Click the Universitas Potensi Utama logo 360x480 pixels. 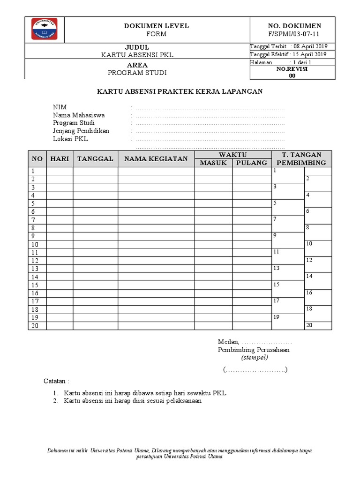[x=44, y=29]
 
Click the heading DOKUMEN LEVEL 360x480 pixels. [x=156, y=26]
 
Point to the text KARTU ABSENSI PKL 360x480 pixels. [x=137, y=55]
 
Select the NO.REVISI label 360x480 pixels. [x=292, y=69]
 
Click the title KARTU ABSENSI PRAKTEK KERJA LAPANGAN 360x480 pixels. [x=180, y=91]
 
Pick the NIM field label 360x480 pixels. [x=60, y=107]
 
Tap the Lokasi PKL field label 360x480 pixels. [x=70, y=139]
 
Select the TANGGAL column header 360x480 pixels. [x=95, y=159]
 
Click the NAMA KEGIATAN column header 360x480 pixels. [x=156, y=159]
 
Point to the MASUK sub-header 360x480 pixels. [x=213, y=163]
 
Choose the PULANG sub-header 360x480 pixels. [x=252, y=163]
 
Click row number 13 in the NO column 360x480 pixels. [x=35, y=269]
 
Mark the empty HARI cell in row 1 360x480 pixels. [x=60, y=171]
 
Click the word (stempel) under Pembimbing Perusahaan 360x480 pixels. [x=255, y=358]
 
